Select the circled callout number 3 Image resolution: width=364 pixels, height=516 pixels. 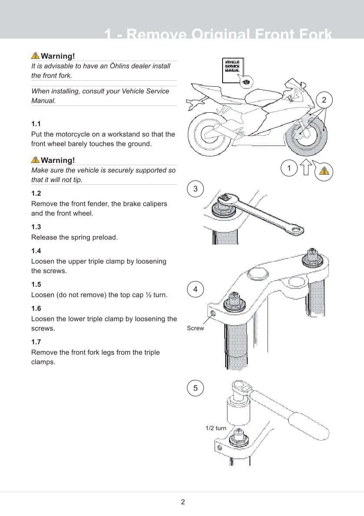195,189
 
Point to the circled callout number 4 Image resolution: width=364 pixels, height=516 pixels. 195,289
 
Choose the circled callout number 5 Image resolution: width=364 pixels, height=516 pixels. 195,388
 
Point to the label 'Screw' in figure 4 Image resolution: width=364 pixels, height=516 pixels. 195,328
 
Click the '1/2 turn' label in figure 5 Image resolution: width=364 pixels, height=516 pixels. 216,428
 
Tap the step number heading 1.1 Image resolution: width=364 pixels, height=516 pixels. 36,124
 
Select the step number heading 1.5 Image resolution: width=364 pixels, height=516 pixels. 36,284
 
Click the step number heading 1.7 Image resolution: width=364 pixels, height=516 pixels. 36,342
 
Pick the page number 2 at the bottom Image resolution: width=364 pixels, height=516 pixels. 183,502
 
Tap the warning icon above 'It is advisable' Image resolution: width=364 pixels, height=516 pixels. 35,56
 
